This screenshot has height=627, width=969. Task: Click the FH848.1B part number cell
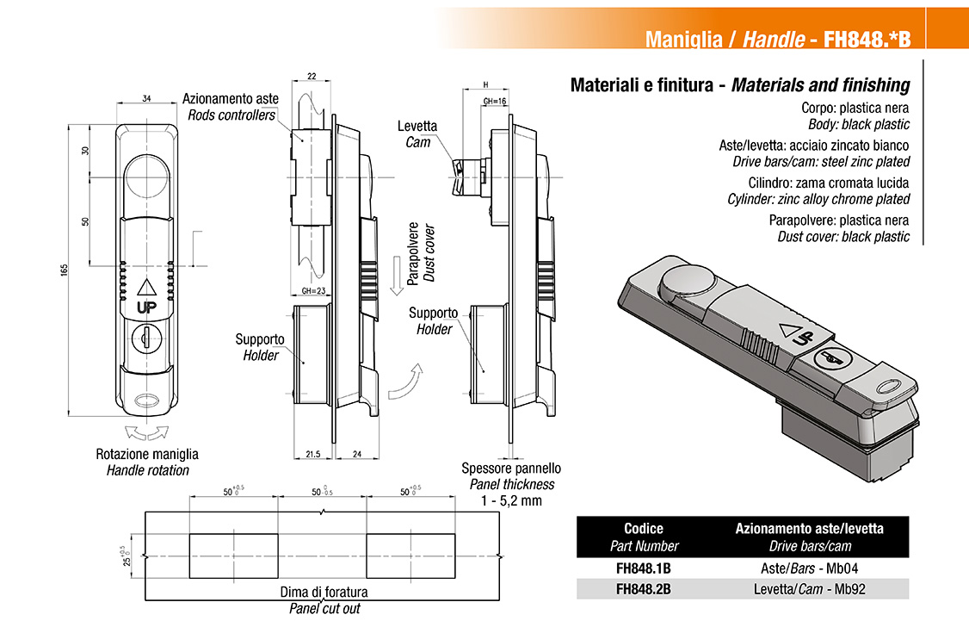[x=644, y=568]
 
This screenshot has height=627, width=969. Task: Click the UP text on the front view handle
[x=145, y=307]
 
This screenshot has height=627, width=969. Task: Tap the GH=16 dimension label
[x=494, y=102]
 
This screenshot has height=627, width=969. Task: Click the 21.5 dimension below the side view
[x=313, y=453]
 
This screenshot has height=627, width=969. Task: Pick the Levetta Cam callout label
[x=417, y=133]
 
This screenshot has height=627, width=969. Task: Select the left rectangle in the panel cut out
[x=233, y=557]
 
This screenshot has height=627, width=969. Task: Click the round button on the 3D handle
[x=686, y=280]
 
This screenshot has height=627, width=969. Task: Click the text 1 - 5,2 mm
[x=510, y=500]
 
